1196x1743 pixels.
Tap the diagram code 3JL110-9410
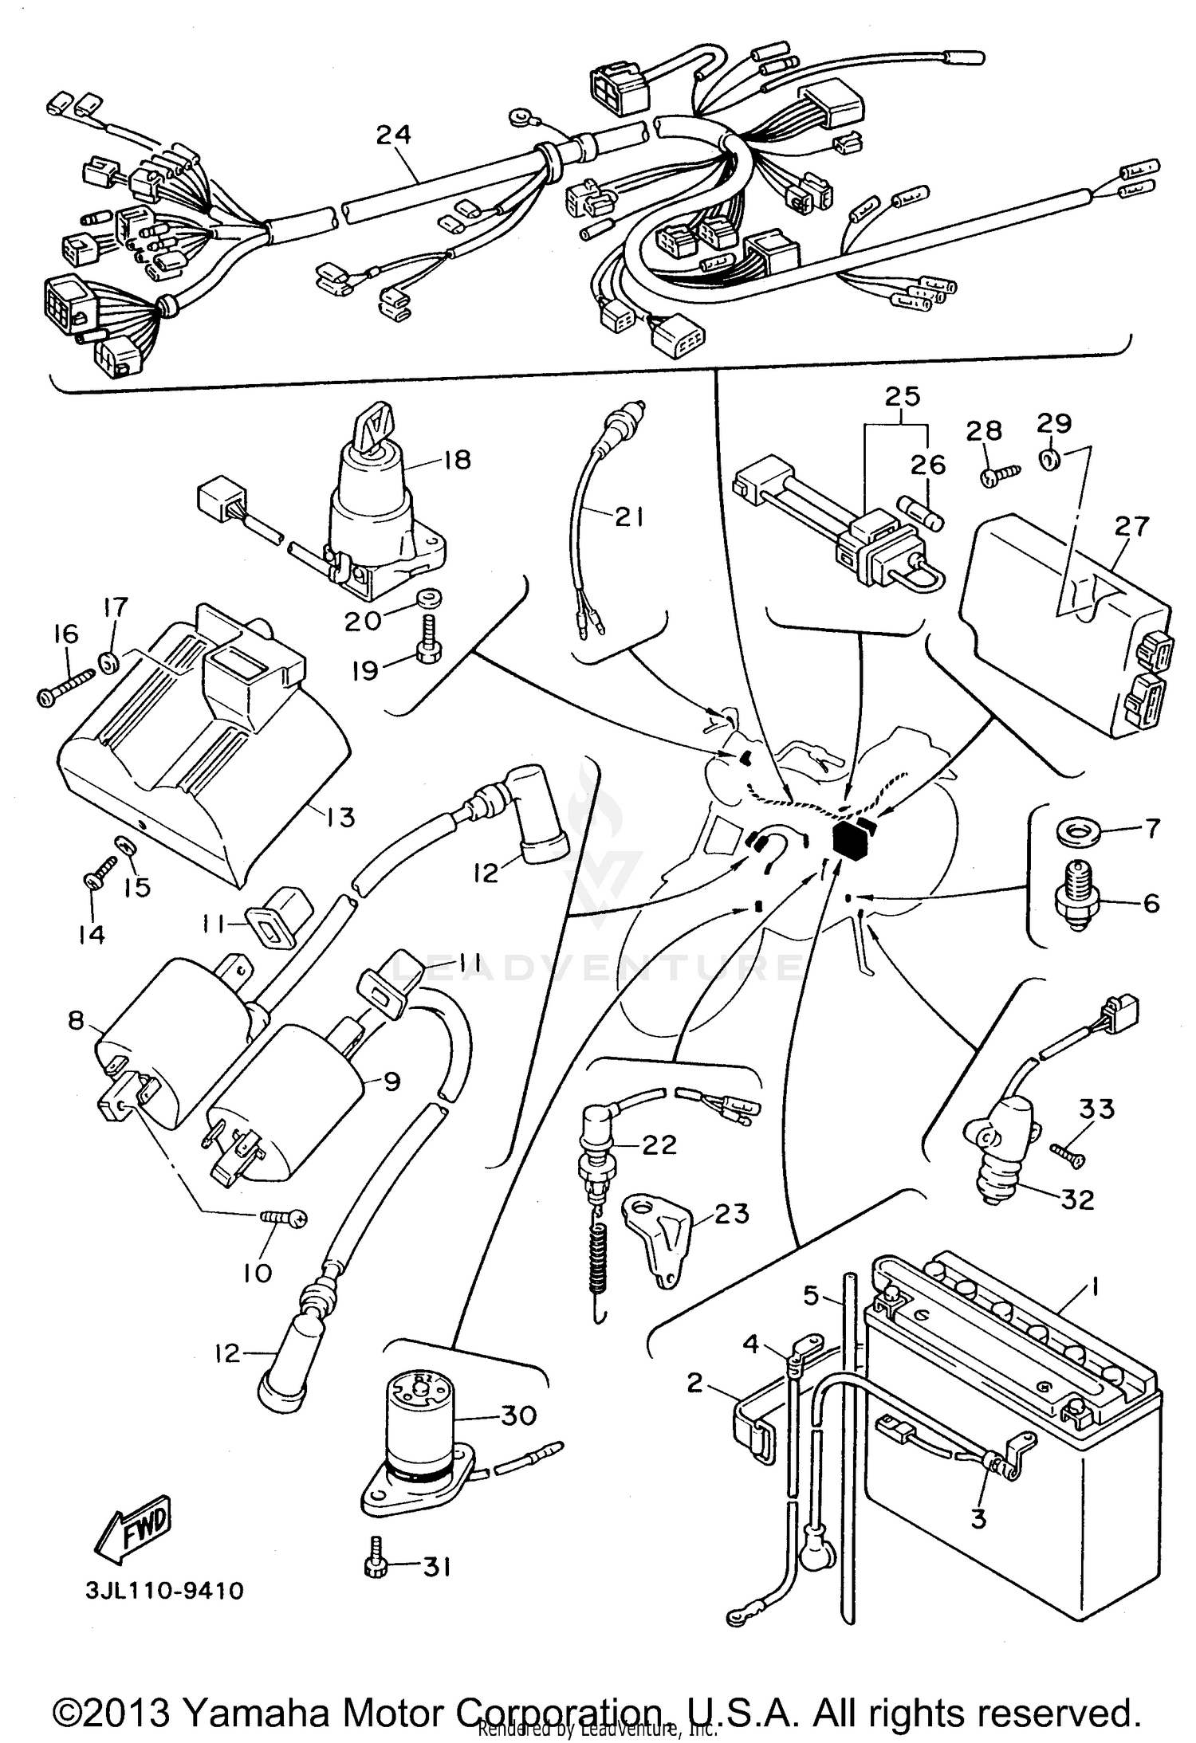(x=165, y=1591)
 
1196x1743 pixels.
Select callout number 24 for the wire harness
(x=394, y=135)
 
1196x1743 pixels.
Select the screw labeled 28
(x=997, y=476)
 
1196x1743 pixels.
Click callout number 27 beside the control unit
(x=1132, y=526)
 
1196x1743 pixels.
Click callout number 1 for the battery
(x=1095, y=1287)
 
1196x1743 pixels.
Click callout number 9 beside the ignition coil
(x=391, y=1082)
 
